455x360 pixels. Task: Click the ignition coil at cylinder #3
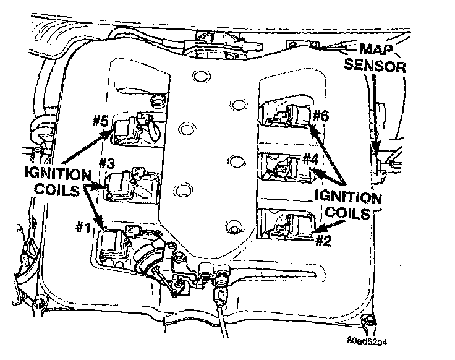click(122, 182)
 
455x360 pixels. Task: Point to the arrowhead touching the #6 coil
click(311, 129)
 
